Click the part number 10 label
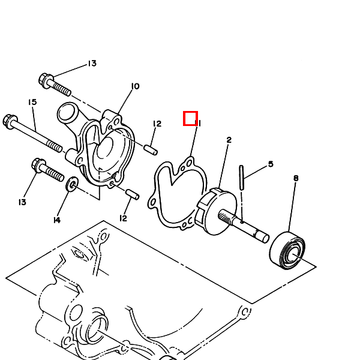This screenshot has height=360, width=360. tap(135, 86)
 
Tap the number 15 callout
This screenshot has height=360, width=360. tap(32, 102)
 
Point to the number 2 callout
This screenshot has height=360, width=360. tap(229, 140)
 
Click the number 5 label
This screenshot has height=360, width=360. tap(271, 164)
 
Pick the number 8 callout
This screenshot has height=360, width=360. tap(296, 178)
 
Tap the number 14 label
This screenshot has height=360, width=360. tap(57, 220)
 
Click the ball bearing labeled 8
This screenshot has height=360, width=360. tap(287, 250)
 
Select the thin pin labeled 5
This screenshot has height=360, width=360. tap(242, 178)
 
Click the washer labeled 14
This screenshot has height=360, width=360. tap(73, 184)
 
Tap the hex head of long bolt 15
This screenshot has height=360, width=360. tap(10, 121)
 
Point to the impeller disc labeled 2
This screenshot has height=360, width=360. tap(216, 211)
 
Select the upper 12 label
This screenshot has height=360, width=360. tap(157, 124)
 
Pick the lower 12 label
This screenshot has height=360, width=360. tap(123, 218)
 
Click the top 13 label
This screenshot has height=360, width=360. tap(92, 64)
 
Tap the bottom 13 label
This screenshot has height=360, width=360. tap(22, 202)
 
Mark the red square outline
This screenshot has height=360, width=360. tap(190, 118)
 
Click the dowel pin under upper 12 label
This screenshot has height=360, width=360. tap(151, 150)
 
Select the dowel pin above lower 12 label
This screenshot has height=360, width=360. tap(133, 194)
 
